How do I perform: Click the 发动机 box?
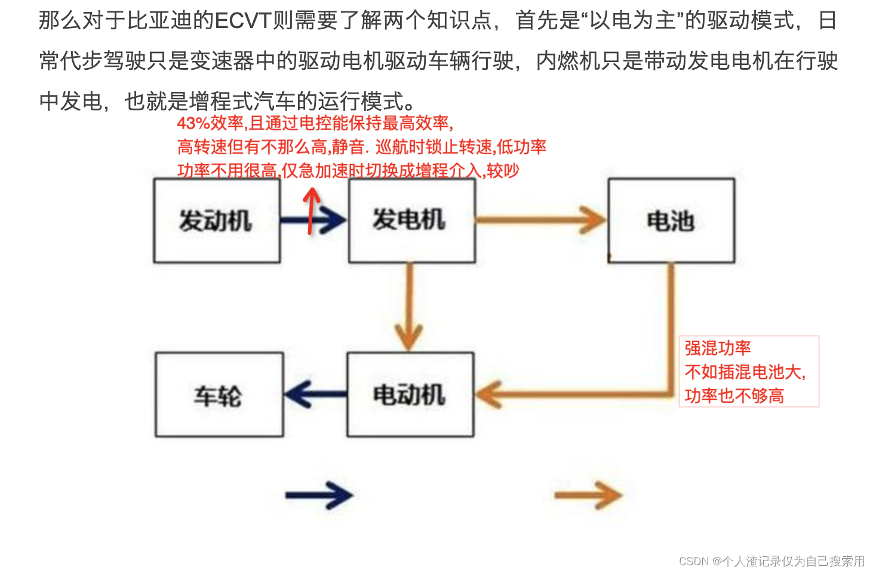click(x=217, y=221)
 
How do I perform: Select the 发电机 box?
click(x=411, y=221)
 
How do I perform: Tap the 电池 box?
click(x=671, y=221)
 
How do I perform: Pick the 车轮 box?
click(x=219, y=395)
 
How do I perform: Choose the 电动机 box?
click(x=410, y=395)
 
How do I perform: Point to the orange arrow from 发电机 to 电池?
click(x=540, y=220)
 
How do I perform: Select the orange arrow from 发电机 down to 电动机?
click(x=409, y=307)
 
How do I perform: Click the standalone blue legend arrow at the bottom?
click(x=319, y=495)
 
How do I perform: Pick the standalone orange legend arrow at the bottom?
click(x=588, y=495)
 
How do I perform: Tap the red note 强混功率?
click(x=718, y=348)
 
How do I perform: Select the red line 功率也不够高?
click(x=734, y=396)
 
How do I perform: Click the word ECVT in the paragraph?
click(x=243, y=21)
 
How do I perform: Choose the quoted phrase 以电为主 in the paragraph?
click(x=632, y=21)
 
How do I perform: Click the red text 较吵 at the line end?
click(x=503, y=171)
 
